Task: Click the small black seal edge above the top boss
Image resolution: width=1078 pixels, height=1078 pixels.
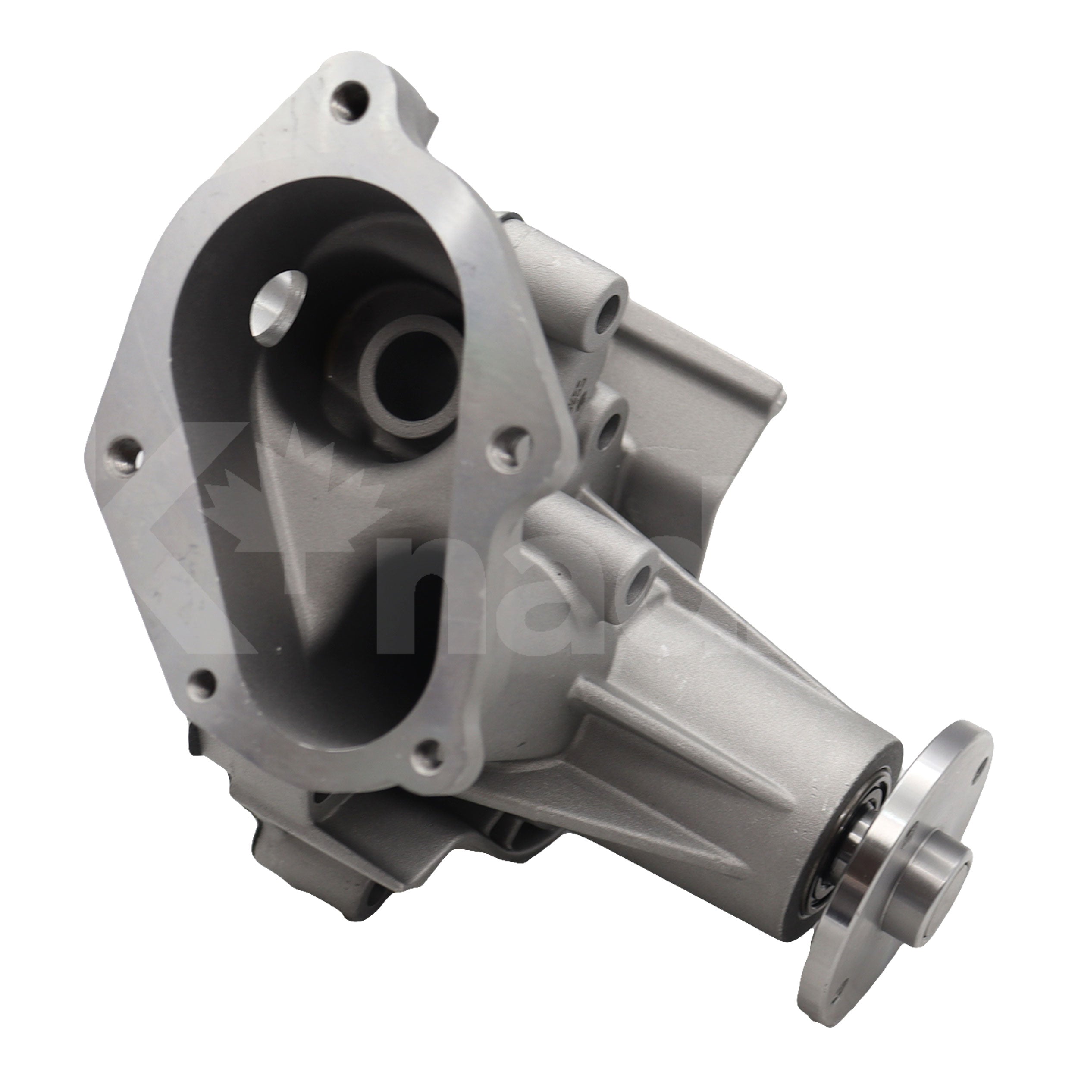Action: pos(511,219)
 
